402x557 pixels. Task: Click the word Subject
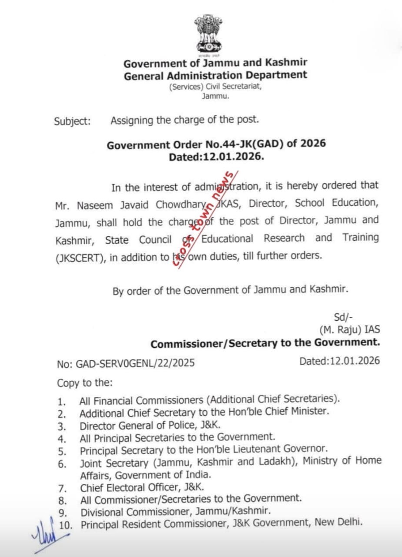click(x=72, y=121)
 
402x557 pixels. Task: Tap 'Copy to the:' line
click(x=84, y=383)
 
